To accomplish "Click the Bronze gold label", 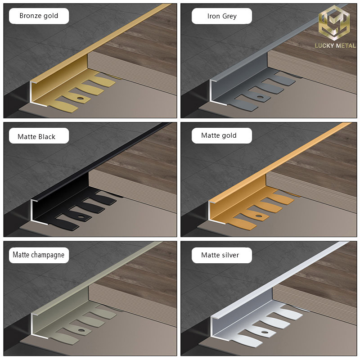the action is (x=39, y=16).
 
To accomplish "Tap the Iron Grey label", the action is (x=222, y=16).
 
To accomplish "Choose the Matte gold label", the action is (x=222, y=136).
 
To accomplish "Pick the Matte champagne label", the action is (x=39, y=255).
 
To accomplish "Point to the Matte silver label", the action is (x=222, y=255).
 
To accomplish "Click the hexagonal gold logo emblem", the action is (x=334, y=23).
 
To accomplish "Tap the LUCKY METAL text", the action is (x=335, y=45).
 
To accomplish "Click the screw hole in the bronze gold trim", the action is (x=80, y=99).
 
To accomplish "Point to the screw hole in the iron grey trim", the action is (x=260, y=97).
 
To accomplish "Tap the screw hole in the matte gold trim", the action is (x=258, y=216).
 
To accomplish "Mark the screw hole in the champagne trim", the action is (x=81, y=331).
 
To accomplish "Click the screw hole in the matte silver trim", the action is (x=265, y=332).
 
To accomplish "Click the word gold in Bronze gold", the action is (x=51, y=16).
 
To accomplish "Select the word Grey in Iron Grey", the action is (x=229, y=16).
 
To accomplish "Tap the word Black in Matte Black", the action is (x=46, y=137).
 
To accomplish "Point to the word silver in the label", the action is (x=230, y=255).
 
